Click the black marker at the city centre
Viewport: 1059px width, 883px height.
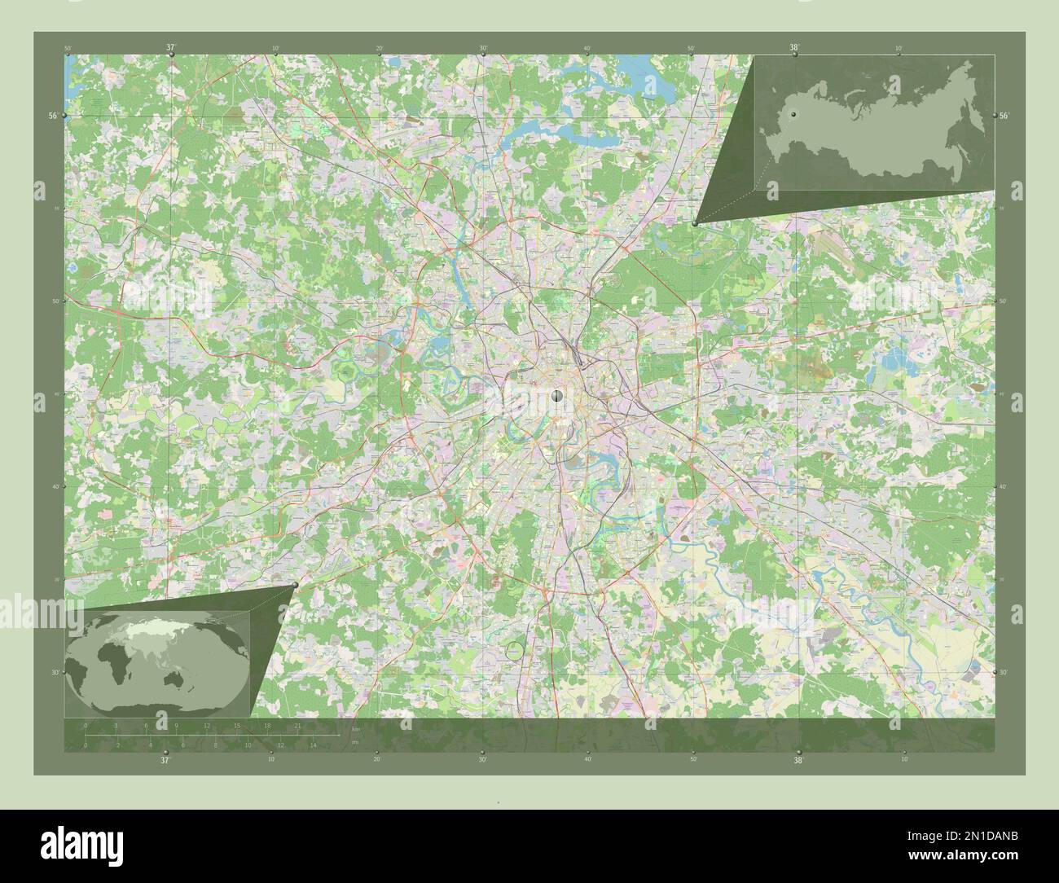(557, 396)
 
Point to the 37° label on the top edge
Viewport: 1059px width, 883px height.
(170, 48)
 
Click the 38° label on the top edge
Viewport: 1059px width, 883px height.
(793, 48)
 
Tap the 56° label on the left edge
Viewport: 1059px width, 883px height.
(53, 116)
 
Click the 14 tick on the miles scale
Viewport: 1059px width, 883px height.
(312, 745)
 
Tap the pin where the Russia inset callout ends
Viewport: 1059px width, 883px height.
(694, 222)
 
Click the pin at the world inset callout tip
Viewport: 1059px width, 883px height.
(294, 585)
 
